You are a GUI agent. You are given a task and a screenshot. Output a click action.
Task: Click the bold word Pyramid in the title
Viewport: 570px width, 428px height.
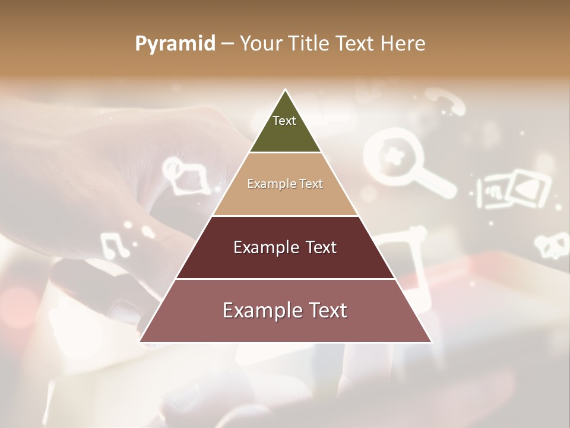175,44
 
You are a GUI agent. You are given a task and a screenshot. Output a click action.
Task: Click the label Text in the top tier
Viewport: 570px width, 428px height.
284,121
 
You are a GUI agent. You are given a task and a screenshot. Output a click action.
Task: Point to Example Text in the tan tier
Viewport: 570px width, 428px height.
285,184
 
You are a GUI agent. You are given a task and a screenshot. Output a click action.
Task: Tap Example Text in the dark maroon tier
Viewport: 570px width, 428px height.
285,247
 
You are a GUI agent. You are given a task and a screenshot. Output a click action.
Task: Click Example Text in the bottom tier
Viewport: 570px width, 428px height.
285,310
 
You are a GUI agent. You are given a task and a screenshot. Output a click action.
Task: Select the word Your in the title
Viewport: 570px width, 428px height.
260,44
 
